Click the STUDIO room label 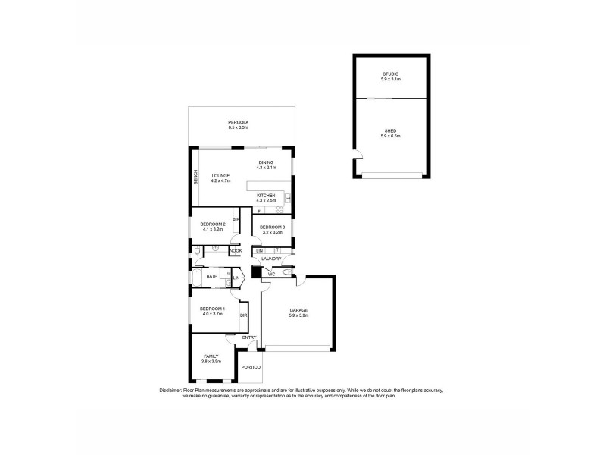[x=390, y=74]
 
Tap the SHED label [x=390, y=131]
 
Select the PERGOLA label [x=239, y=123]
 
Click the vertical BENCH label [x=195, y=177]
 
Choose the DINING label [x=265, y=162]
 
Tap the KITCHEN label [x=265, y=195]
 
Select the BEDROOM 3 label [x=272, y=227]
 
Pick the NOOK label [x=236, y=250]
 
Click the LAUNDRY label [x=271, y=259]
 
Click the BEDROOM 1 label [x=211, y=309]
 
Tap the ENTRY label [x=249, y=337]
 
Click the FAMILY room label [x=211, y=356]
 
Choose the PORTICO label [x=251, y=368]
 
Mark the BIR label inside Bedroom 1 [x=244, y=315]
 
